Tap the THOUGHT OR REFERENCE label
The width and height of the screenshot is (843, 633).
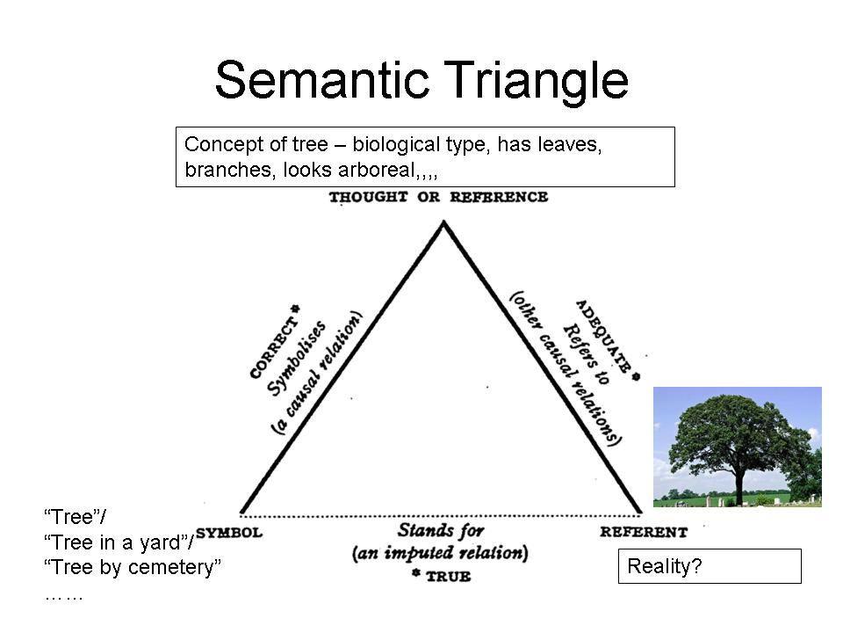(x=438, y=197)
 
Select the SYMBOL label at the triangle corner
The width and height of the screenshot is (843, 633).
(x=229, y=533)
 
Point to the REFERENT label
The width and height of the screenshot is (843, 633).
(x=644, y=532)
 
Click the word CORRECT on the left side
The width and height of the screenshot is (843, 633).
(x=275, y=344)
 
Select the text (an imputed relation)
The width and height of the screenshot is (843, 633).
(x=440, y=554)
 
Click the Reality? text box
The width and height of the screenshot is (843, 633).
(x=710, y=566)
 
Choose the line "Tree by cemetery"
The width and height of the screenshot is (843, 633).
(x=132, y=567)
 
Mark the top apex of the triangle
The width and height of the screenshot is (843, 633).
(x=444, y=222)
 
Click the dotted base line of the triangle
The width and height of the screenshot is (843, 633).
(x=439, y=515)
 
